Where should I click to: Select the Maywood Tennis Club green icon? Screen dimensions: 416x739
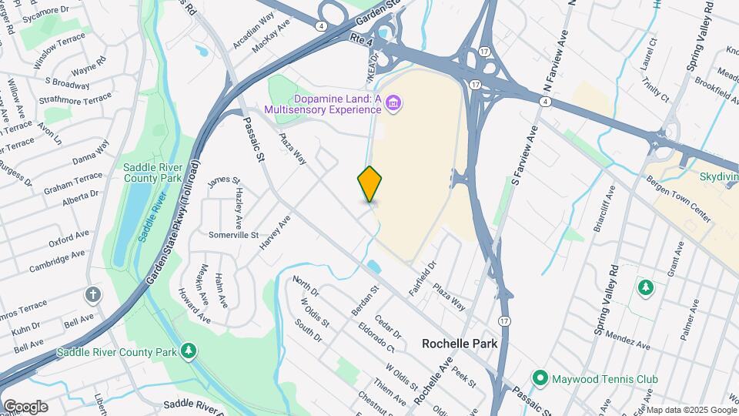540,379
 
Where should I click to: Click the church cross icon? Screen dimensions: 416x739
93,294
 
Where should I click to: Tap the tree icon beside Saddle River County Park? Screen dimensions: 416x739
188,352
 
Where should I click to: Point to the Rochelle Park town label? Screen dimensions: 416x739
460,344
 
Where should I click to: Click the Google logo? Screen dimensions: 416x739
25,406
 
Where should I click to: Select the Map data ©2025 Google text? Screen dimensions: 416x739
690,410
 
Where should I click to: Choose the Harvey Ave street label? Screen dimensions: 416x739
276,231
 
